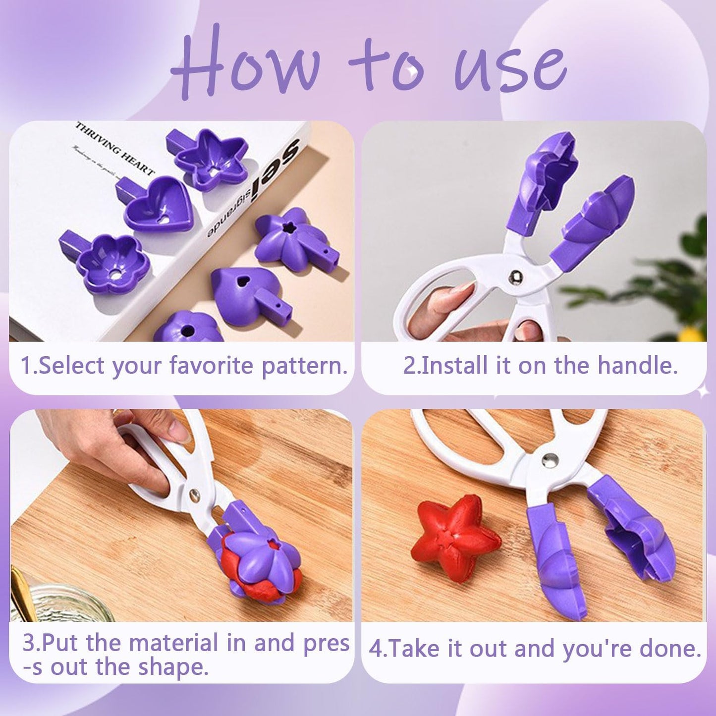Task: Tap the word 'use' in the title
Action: point(510,67)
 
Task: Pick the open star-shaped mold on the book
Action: point(211,159)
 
